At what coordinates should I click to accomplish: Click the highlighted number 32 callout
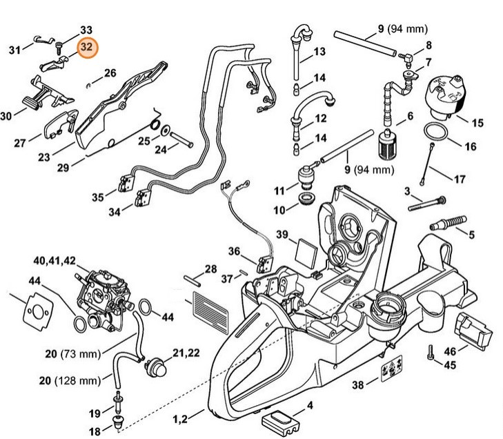click(x=87, y=48)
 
